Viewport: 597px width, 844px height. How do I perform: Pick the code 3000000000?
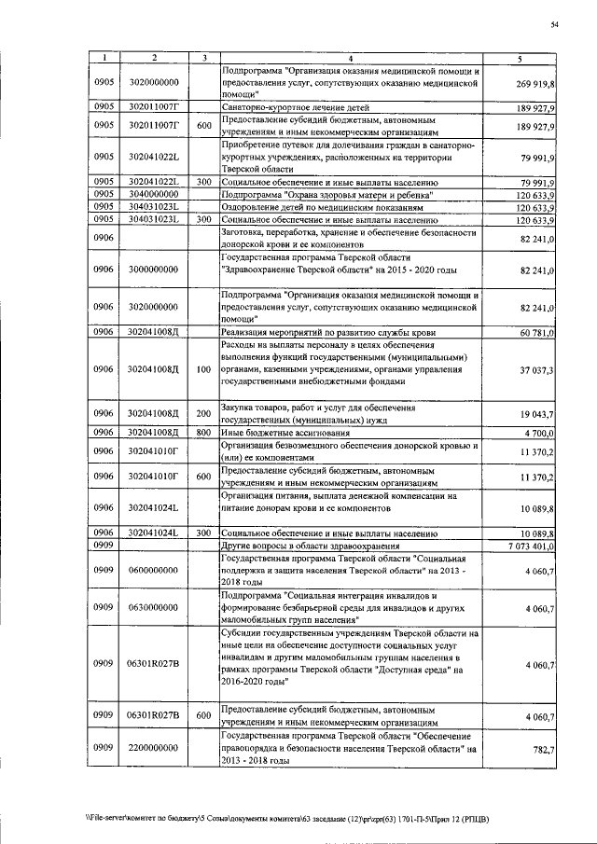pos(154,270)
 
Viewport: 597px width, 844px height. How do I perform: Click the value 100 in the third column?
pos(203,370)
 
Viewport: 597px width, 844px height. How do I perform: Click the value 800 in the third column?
pos(203,433)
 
